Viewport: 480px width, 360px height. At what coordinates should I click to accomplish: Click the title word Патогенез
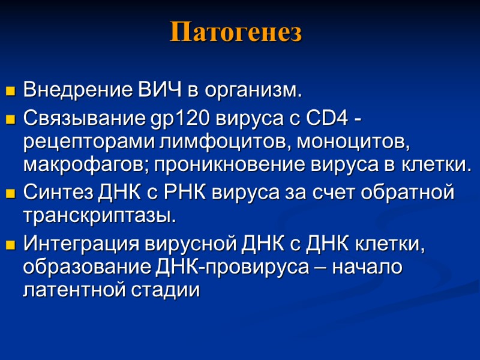click(236, 32)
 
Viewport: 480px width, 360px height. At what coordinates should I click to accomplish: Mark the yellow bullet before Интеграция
click(10, 245)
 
